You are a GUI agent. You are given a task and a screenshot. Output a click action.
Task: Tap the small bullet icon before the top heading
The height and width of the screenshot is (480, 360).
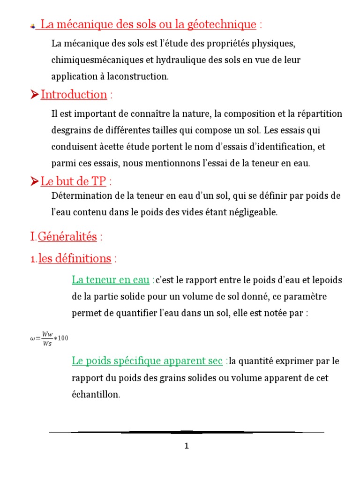32,26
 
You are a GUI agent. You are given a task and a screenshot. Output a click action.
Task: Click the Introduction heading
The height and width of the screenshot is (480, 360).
74,94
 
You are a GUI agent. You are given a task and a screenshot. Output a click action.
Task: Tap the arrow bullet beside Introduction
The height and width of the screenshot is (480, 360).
34,95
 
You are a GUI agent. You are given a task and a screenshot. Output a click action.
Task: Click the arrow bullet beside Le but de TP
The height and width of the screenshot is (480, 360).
34,181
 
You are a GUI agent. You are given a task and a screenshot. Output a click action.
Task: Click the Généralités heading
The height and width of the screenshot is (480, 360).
67,237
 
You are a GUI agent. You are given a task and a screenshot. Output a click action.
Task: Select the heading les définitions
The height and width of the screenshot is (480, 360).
75,258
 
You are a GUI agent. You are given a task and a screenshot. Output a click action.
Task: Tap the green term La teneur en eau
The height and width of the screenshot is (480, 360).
110,280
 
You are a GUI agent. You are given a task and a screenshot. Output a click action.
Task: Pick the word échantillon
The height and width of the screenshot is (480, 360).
96,395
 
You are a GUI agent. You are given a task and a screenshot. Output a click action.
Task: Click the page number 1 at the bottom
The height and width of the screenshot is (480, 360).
186,446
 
